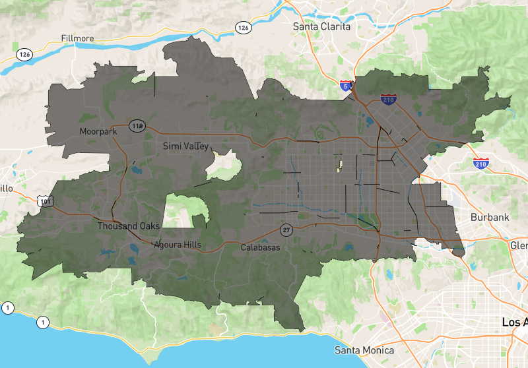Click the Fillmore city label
pyautogui.click(x=77, y=38)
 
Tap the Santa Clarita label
pyautogui.click(x=323, y=27)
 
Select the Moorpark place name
pyautogui.click(x=98, y=131)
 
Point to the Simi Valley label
pyautogui.click(x=185, y=146)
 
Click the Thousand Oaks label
pyautogui.click(x=129, y=226)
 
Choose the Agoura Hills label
pyautogui.click(x=178, y=245)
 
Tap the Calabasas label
pyautogui.click(x=260, y=247)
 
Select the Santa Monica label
pyautogui.click(x=364, y=350)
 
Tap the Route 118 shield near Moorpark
pyautogui.click(x=137, y=125)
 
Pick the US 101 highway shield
pyautogui.click(x=46, y=201)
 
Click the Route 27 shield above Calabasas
pyautogui.click(x=286, y=230)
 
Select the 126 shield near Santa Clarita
pyautogui.click(x=244, y=27)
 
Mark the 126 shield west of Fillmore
pyautogui.click(x=24, y=54)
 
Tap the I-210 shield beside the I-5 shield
pyautogui.click(x=389, y=100)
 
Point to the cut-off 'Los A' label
pyautogui.click(x=514, y=322)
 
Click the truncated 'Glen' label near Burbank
pyautogui.click(x=519, y=245)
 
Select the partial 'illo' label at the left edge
pyautogui.click(x=6, y=189)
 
